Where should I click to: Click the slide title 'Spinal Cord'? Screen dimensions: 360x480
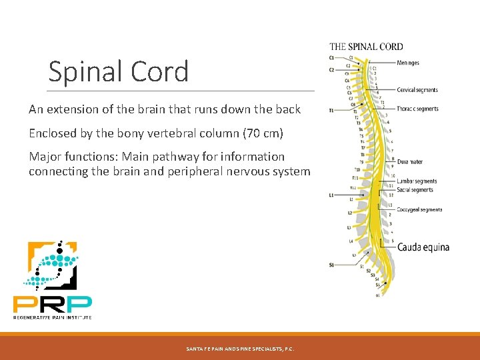[x=119, y=72]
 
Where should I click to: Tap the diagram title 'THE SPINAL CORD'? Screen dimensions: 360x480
[x=366, y=47]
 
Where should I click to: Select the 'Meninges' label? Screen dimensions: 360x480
[x=408, y=63]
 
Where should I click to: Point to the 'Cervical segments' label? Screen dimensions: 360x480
[x=417, y=90]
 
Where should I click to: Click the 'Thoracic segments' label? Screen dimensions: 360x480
[x=417, y=109]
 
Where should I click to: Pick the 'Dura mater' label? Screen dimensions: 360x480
[x=409, y=161]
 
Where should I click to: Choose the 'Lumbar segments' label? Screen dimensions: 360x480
[x=417, y=181]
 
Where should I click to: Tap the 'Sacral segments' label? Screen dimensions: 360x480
[x=415, y=190]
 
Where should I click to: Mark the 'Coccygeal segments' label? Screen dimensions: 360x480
[x=419, y=210]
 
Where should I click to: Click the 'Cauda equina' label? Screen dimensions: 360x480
[x=423, y=247]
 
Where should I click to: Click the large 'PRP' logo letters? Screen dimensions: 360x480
[x=53, y=303]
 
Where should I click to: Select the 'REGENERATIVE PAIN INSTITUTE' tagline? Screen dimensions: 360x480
[x=53, y=317]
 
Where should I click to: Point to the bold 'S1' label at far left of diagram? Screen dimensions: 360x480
[x=331, y=265]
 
